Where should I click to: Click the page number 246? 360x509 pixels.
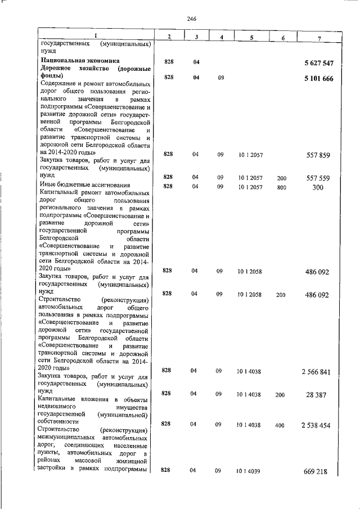pos(191,19)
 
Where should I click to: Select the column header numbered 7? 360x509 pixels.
pos(319,37)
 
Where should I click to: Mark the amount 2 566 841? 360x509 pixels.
pos(317,372)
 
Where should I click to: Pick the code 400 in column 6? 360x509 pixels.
pos(280,426)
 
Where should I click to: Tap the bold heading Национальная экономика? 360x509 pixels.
pos(79,60)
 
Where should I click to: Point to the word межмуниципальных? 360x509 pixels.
pos(66,437)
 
